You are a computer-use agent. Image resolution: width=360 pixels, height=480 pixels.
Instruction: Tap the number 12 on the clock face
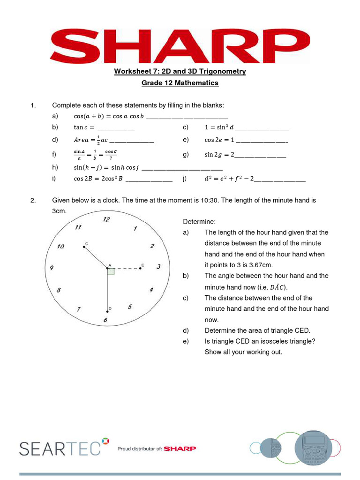[106, 219]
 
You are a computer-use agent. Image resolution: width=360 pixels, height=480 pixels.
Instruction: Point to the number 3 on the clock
[158, 267]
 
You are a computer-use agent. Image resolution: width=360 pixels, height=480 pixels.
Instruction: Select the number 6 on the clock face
[105, 320]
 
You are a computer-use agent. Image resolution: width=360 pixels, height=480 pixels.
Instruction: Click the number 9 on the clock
[52, 268]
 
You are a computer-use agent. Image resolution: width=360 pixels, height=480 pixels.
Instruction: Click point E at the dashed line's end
[140, 268]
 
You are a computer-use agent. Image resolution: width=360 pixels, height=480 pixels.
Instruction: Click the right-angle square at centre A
[111, 271]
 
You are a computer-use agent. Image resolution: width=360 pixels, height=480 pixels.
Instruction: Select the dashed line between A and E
[124, 268]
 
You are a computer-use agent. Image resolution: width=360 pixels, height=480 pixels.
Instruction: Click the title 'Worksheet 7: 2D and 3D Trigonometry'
[180, 71]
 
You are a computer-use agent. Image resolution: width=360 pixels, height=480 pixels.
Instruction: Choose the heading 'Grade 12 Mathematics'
[180, 83]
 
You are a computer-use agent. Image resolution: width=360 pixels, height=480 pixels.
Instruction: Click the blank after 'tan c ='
[116, 128]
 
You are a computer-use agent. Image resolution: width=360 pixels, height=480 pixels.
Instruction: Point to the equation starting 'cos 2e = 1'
[246, 140]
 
